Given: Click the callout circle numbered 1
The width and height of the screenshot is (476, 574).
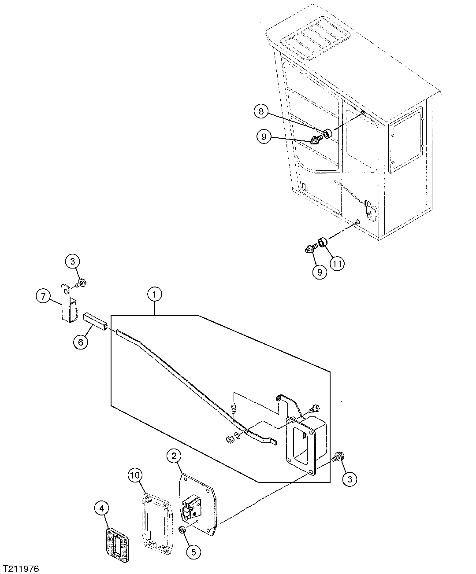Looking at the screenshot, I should [154, 295].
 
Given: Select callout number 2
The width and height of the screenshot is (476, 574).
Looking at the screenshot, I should [174, 456].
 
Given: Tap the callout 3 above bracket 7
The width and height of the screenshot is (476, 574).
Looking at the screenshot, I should [73, 261].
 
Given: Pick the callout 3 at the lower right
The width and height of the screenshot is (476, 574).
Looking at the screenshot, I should [350, 479].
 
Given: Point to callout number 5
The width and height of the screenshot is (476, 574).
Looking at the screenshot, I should [81, 342].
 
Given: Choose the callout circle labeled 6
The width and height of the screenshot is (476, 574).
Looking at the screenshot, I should [43, 297].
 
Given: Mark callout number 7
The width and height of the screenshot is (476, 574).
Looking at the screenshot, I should [261, 112].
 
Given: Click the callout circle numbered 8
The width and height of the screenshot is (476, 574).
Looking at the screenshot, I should [320, 272].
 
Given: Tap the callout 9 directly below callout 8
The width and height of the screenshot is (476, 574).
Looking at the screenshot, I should [337, 264].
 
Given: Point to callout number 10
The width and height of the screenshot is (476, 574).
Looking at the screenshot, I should [135, 475].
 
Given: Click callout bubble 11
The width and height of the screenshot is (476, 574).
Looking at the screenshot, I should [337, 264].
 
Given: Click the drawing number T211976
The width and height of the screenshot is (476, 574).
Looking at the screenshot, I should [21, 569].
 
